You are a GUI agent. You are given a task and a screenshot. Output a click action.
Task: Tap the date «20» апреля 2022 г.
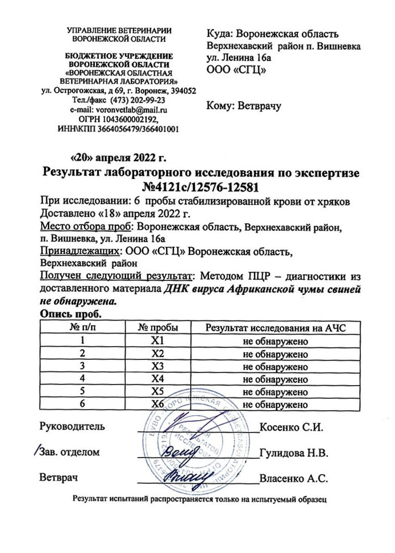(118, 157)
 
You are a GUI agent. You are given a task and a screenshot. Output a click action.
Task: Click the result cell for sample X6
(275, 404)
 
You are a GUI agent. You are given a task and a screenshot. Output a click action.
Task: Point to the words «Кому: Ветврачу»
(244, 106)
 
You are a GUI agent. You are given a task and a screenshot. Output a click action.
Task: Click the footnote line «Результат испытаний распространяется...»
(198, 499)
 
